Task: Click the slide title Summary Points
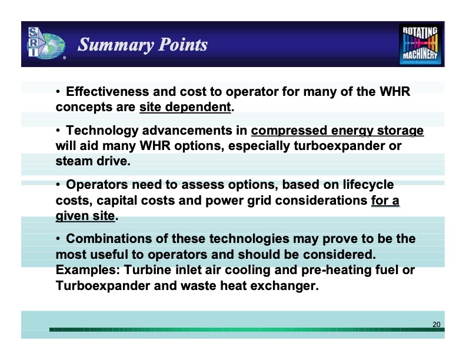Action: click(x=143, y=45)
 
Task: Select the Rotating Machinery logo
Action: click(x=421, y=44)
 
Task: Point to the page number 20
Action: click(x=436, y=325)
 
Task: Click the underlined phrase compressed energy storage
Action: click(x=337, y=130)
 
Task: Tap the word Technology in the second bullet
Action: click(x=99, y=130)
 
